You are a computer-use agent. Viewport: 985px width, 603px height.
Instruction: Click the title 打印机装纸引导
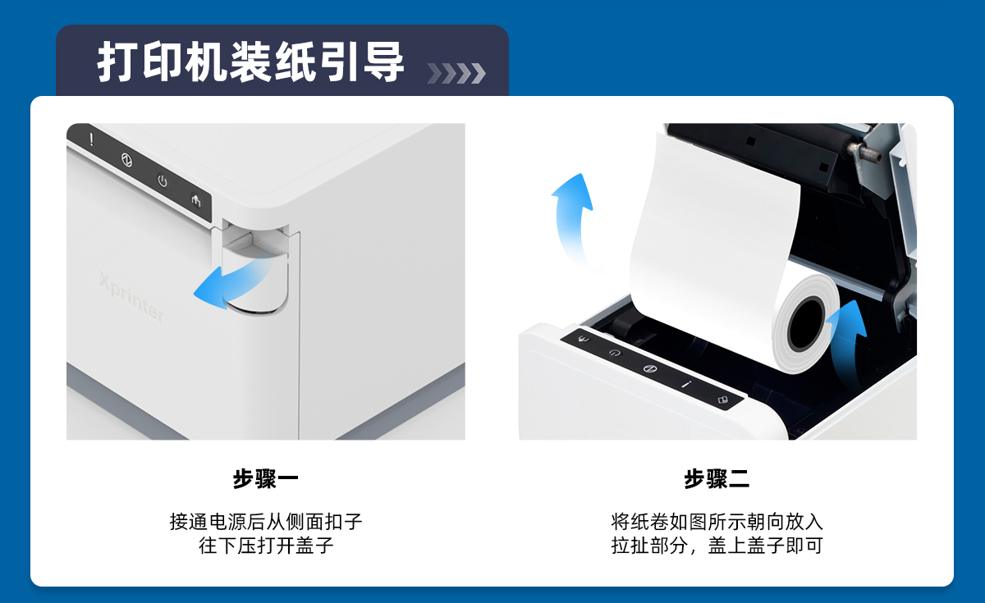click(250, 62)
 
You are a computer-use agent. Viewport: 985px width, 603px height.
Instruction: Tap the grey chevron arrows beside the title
click(456, 73)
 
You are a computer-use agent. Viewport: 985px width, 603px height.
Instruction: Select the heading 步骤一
click(266, 478)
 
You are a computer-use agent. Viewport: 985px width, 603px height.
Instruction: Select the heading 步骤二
click(717, 478)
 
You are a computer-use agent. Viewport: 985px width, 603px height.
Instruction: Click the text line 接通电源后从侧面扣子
click(266, 522)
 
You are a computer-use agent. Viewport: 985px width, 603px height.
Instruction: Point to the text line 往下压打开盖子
click(266, 546)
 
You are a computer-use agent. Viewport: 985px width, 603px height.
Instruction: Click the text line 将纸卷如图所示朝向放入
click(717, 522)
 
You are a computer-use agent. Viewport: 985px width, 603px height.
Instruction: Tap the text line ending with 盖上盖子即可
click(717, 546)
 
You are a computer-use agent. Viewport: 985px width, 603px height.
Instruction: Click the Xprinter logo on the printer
click(131, 297)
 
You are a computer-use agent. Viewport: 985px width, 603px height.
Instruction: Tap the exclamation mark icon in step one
click(91, 139)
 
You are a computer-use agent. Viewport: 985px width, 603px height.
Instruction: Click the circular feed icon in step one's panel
click(126, 160)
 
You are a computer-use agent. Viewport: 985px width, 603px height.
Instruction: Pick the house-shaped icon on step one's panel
click(196, 201)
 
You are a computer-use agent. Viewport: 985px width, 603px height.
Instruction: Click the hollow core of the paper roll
click(806, 323)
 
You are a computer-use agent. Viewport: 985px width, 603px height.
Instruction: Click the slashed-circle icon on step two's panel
click(650, 368)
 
